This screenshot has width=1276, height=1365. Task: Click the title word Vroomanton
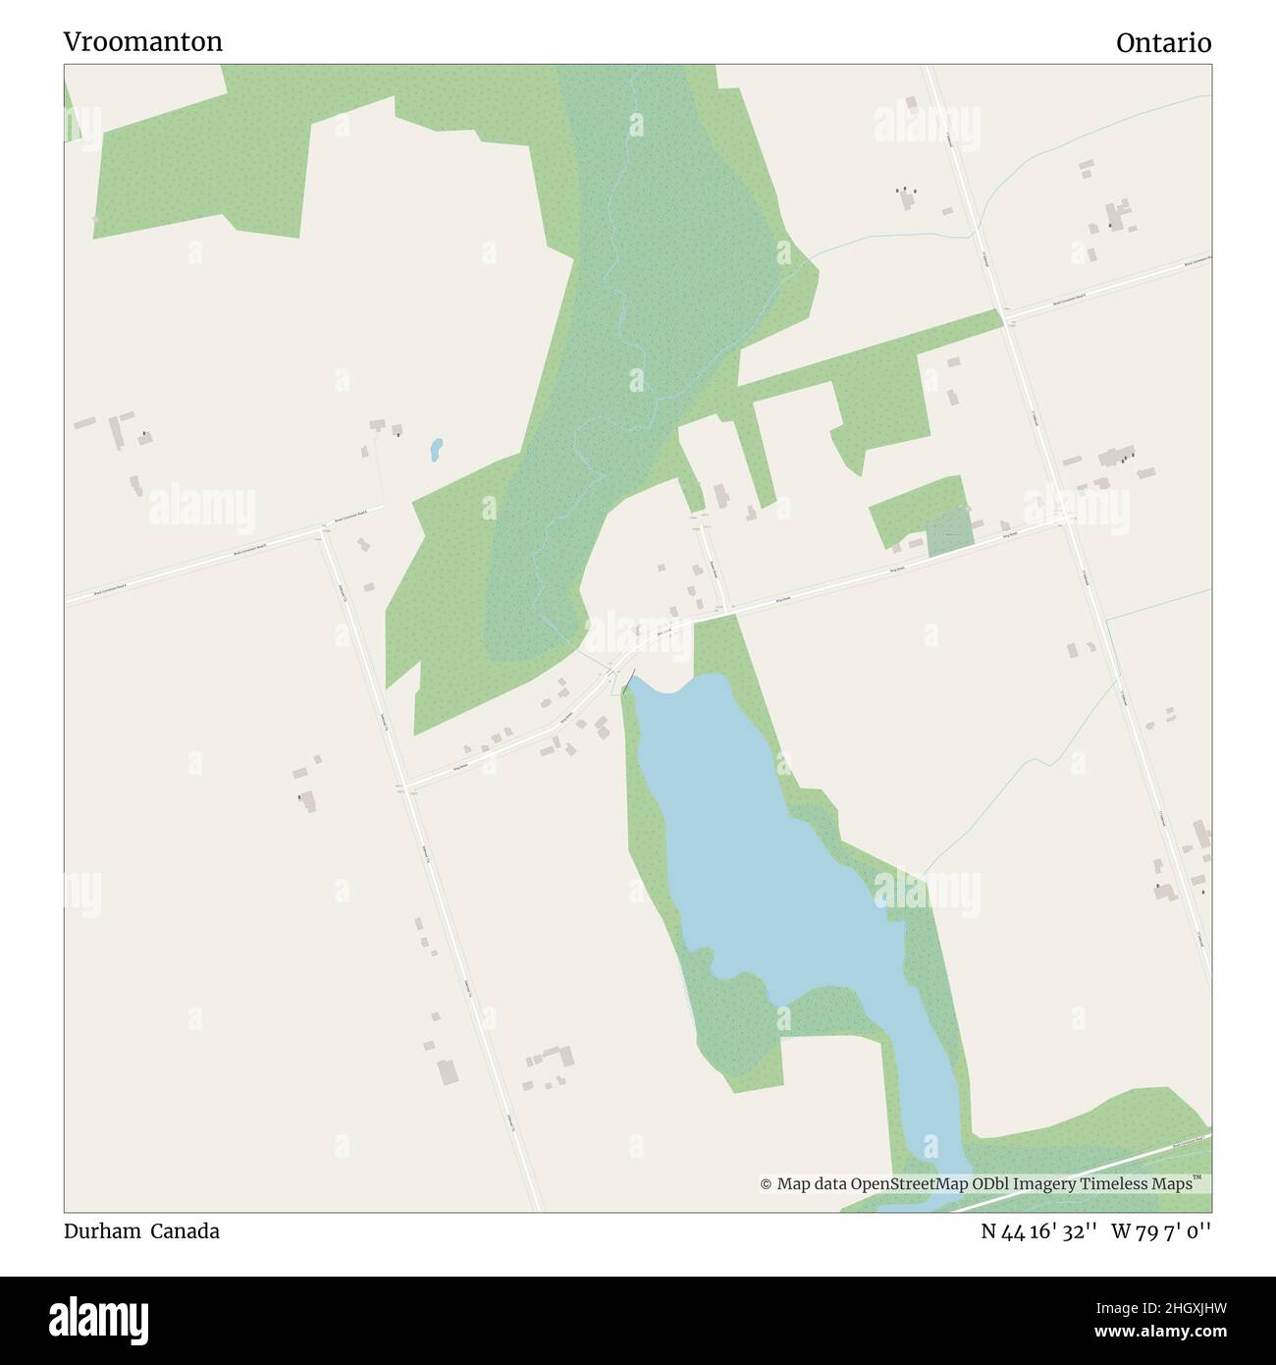143,42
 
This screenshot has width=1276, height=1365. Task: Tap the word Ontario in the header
1163,43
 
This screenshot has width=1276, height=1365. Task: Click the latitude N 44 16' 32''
1038,1231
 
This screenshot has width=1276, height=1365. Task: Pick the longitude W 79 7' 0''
1161,1231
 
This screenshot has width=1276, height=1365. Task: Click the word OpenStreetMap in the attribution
910,1184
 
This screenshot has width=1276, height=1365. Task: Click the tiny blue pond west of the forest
436,450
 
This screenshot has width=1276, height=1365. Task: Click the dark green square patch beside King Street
950,532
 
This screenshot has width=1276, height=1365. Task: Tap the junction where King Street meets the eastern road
1069,519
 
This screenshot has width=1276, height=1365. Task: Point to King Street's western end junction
407,787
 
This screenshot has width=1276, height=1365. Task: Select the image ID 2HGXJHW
1160,1308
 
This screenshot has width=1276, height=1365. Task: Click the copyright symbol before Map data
766,1184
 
